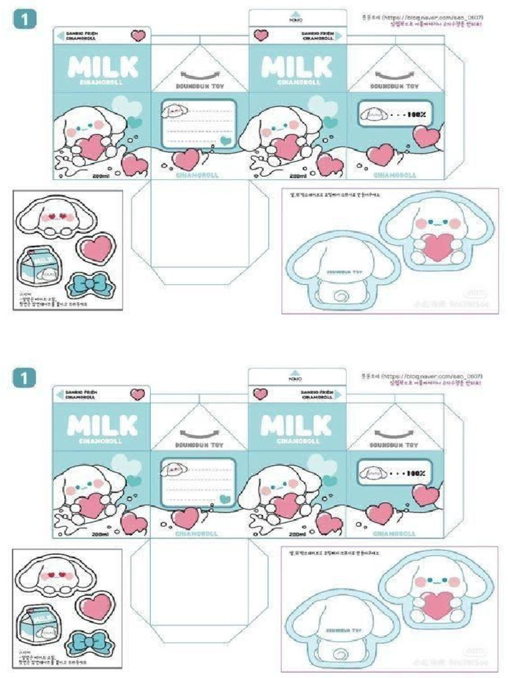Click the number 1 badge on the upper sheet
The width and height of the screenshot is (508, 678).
(x=24, y=20)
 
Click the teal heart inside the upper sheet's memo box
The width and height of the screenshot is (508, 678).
(x=226, y=140)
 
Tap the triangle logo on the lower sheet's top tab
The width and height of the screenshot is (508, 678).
(x=297, y=373)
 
